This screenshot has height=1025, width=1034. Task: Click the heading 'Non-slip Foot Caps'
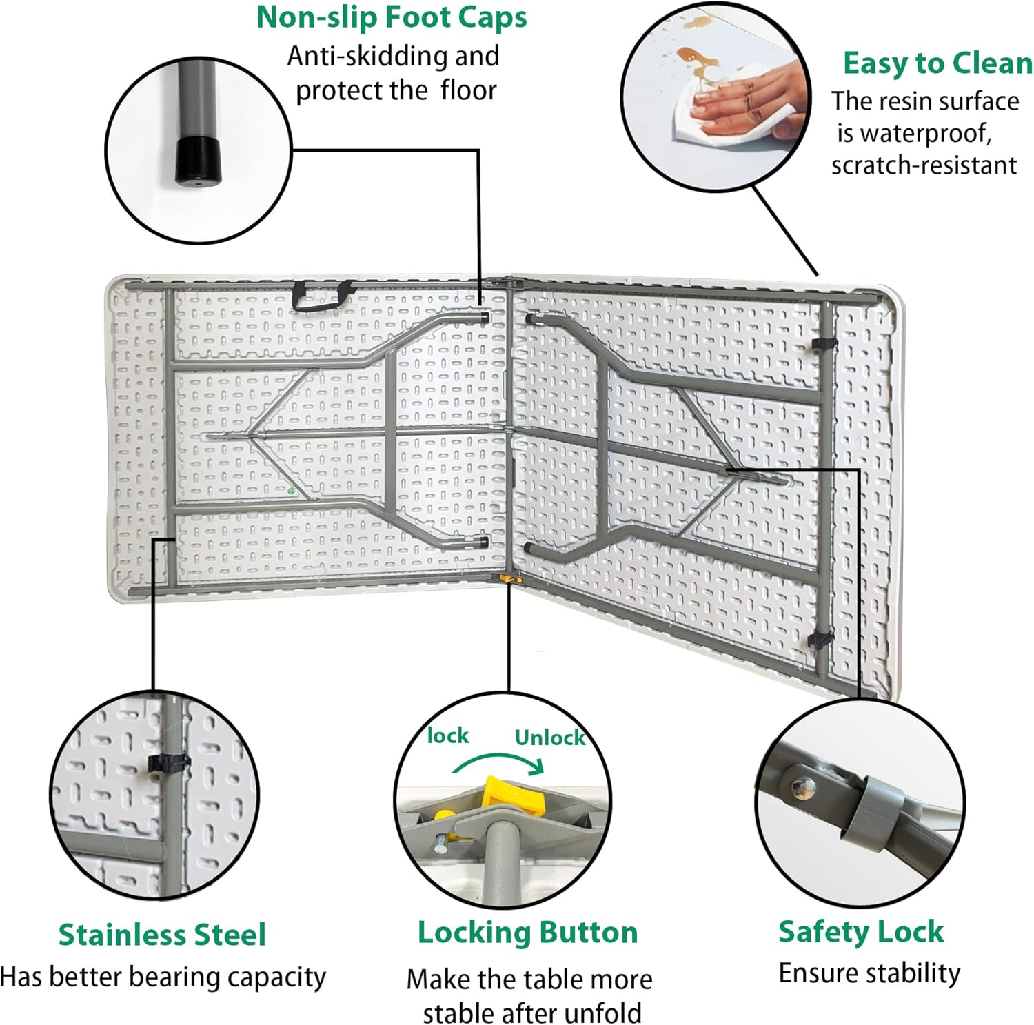[x=392, y=18]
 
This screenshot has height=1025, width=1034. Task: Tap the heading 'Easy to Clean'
[x=937, y=63]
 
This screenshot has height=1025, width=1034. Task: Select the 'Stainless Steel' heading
[x=162, y=935]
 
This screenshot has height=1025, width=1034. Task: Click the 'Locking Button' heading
[x=527, y=933]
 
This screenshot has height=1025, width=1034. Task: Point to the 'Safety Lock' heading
[x=861, y=931]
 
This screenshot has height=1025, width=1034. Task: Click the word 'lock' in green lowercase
[x=447, y=735]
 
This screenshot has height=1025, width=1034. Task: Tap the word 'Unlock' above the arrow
[x=549, y=738]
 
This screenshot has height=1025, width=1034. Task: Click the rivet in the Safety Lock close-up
[x=802, y=787]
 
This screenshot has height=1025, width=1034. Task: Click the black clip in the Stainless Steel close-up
[x=168, y=763]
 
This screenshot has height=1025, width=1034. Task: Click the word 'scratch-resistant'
[x=924, y=165]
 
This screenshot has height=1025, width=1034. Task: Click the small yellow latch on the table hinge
[x=508, y=579]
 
